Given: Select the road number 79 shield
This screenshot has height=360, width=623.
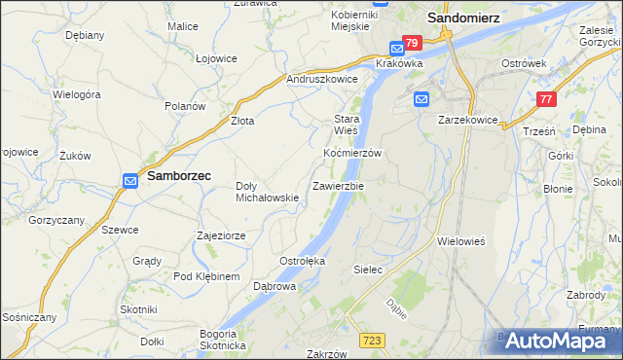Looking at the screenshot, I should [x=411, y=43].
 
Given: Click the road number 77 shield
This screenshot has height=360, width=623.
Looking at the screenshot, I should [x=546, y=98].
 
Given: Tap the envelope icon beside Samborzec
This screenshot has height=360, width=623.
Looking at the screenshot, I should [x=131, y=179].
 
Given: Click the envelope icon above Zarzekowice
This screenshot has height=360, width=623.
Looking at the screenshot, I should [x=421, y=99].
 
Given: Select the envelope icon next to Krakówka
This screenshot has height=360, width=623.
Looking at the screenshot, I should [x=397, y=49].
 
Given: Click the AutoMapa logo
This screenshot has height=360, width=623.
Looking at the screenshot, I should [x=557, y=341].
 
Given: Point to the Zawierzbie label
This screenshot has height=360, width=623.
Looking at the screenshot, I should [x=338, y=185].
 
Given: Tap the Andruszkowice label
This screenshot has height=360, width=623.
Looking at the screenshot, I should [x=322, y=79].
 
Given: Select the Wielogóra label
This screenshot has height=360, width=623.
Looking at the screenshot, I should [x=77, y=95].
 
